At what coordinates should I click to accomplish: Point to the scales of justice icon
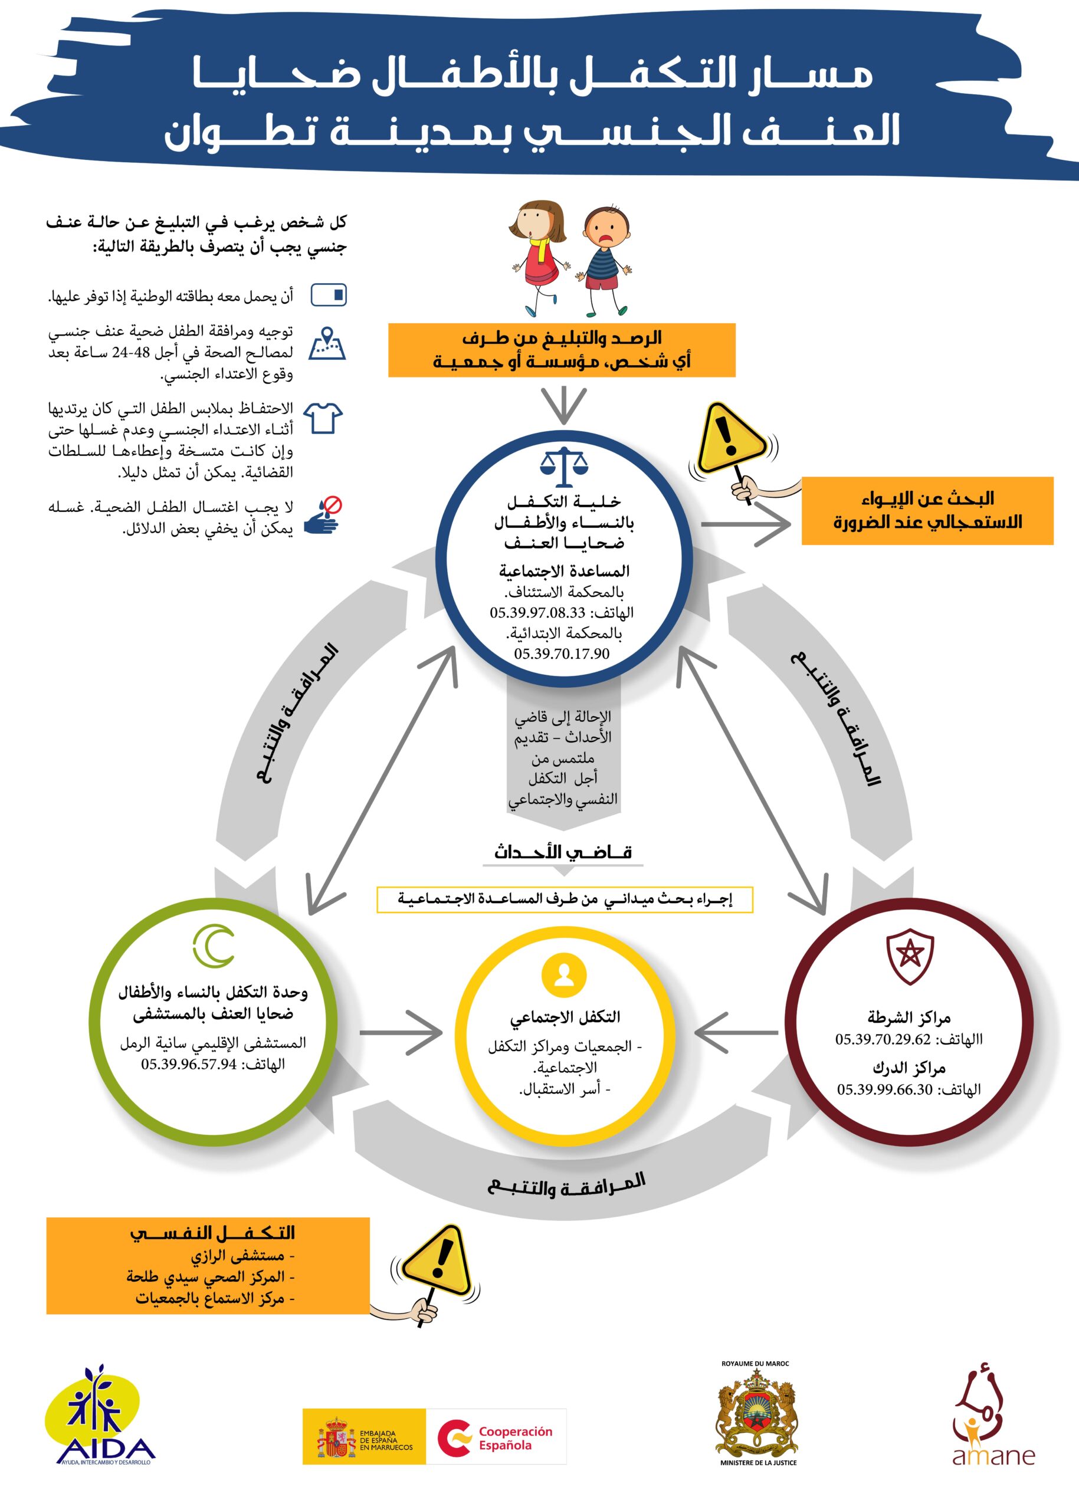coord(563,467)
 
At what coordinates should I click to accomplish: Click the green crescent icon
coord(214,946)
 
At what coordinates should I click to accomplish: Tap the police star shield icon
coord(910,957)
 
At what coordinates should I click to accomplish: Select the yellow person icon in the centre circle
coord(563,975)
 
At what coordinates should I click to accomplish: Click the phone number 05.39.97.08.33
coord(537,612)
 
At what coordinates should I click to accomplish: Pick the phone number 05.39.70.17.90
coord(562,654)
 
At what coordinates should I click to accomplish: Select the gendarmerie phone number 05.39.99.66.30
coord(884,1089)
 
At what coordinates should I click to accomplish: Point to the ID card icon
coord(329,295)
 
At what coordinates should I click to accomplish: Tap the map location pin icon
coord(327,343)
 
